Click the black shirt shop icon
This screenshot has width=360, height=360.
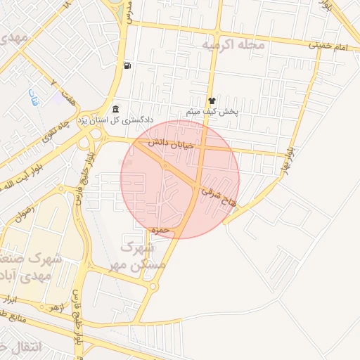(212, 101)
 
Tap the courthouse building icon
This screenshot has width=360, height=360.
(116, 109)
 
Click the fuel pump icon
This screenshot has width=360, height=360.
(127, 66)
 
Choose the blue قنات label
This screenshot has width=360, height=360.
(34, 98)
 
